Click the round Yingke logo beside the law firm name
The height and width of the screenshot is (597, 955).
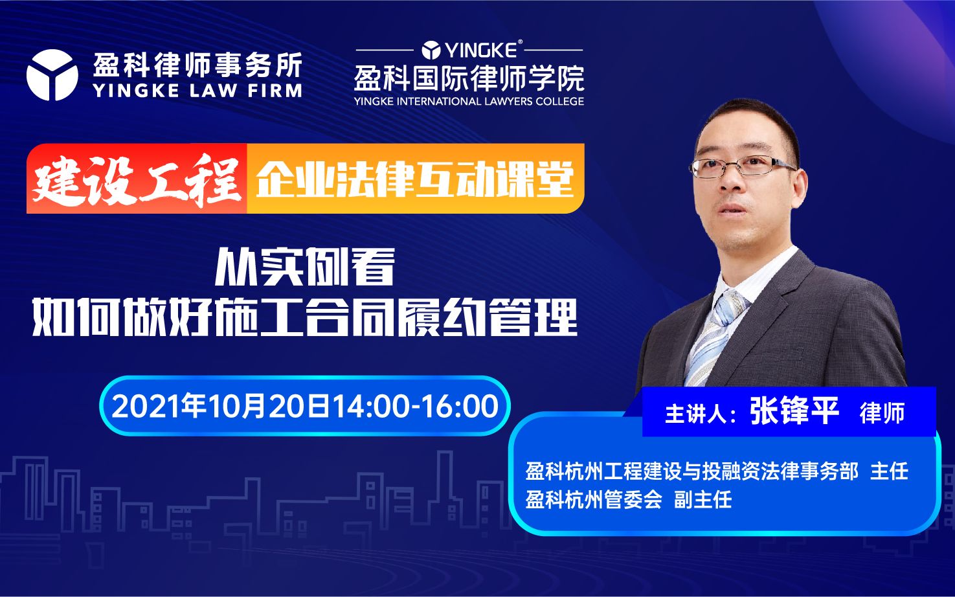[52, 76]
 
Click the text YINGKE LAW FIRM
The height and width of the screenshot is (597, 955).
[197, 91]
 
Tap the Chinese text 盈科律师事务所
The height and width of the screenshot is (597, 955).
[197, 65]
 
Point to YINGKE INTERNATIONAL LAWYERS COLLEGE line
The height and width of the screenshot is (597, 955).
[469, 102]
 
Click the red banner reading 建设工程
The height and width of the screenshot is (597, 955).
[137, 179]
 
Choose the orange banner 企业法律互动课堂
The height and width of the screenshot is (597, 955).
[415, 179]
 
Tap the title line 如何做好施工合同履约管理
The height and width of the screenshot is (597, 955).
[305, 317]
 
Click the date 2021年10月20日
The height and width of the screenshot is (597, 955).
[221, 407]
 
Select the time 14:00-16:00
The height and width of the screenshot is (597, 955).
[415, 407]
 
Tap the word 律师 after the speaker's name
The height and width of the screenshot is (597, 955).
[882, 413]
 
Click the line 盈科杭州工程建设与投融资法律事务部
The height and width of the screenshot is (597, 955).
[691, 471]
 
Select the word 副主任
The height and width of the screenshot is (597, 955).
[702, 500]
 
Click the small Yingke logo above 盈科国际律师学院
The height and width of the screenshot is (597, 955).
[432, 50]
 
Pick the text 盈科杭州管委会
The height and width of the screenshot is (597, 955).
[594, 500]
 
